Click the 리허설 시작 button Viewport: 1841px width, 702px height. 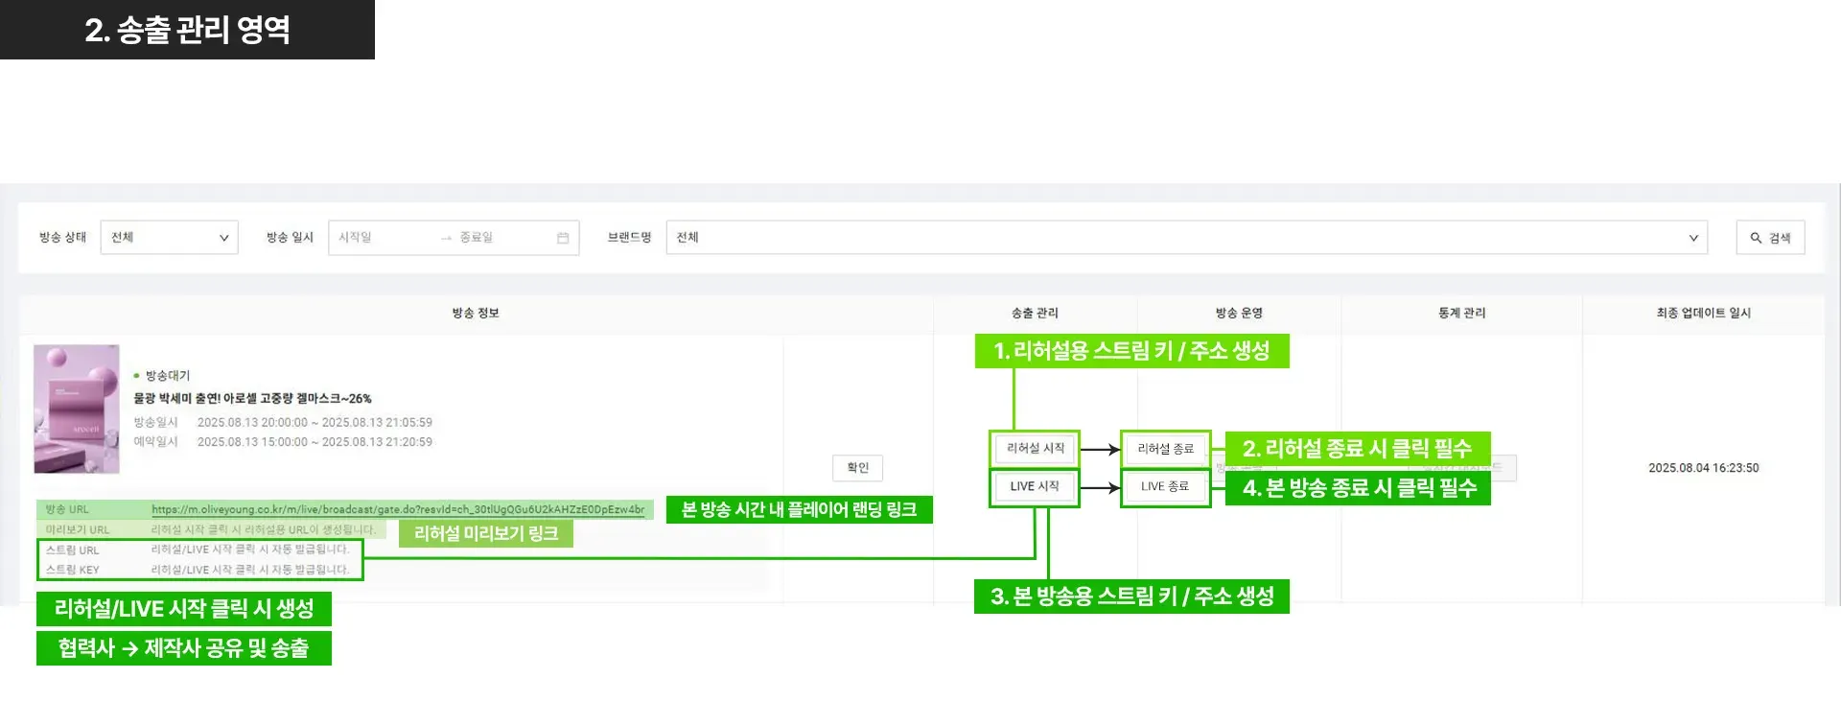[1035, 448]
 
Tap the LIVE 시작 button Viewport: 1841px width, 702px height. [1035, 486]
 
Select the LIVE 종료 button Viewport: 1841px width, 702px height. [1165, 486]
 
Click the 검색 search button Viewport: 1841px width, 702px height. [1770, 238]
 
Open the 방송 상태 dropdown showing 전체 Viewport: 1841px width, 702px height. [169, 238]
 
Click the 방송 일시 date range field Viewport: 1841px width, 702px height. [453, 238]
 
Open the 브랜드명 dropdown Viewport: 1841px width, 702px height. [1186, 238]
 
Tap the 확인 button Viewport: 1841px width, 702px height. [857, 468]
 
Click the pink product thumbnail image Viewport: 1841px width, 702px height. [77, 409]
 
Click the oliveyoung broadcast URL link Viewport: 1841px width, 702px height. [397, 509]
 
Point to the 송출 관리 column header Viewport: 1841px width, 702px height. [1035, 313]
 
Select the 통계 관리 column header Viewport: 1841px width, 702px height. [1461, 313]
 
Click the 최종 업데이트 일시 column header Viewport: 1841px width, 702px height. [1703, 313]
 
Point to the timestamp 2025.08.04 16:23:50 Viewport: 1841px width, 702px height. [1703, 468]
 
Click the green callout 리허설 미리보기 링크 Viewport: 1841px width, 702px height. [485, 533]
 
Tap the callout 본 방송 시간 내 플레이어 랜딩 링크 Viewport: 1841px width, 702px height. [799, 509]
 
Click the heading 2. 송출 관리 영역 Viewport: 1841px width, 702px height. [187, 30]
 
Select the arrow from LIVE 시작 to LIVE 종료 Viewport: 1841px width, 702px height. [1100, 487]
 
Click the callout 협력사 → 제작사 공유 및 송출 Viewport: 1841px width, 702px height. [183, 648]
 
